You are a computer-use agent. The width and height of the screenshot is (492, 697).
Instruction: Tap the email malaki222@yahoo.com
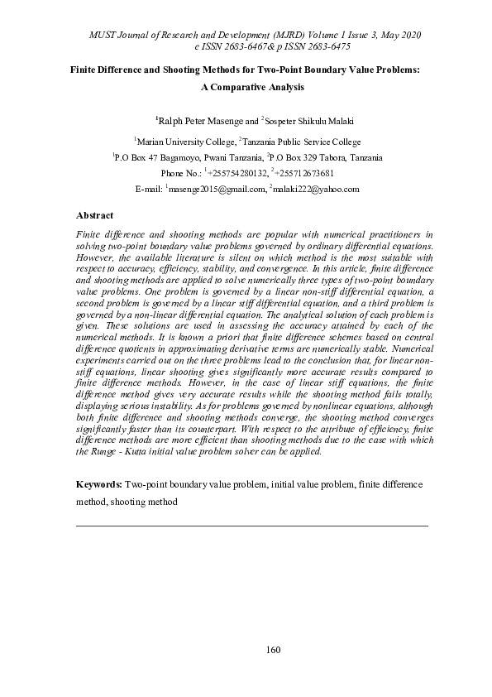[316, 189]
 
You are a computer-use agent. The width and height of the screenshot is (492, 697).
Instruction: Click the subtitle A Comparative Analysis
[246, 86]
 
